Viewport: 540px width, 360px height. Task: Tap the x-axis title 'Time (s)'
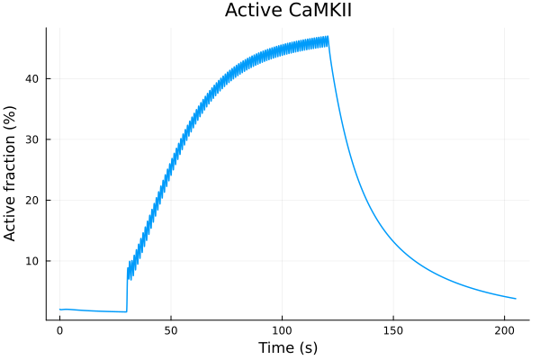(x=287, y=347)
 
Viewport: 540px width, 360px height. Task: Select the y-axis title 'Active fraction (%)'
(x=12, y=174)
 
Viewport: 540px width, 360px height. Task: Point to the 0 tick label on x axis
(x=60, y=330)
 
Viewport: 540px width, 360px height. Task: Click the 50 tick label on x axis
(x=171, y=330)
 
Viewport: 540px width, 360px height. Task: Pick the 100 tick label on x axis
(x=283, y=330)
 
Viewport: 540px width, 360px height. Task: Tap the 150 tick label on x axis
(x=393, y=330)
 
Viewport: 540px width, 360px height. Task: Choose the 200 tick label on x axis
(x=505, y=330)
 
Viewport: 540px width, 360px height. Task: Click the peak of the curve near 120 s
(x=328, y=39)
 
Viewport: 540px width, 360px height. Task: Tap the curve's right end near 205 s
(x=516, y=299)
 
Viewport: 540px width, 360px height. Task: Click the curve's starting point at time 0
(x=60, y=310)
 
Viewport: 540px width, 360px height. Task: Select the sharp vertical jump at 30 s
(x=127, y=288)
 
